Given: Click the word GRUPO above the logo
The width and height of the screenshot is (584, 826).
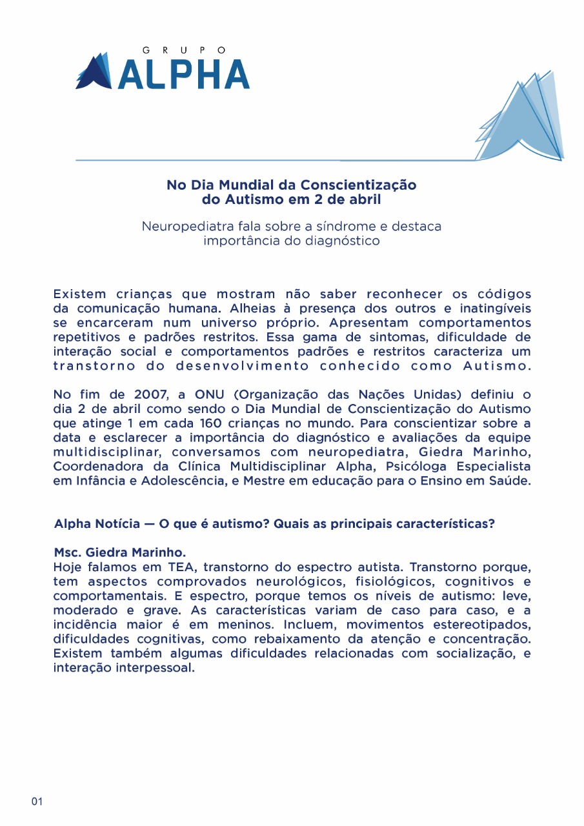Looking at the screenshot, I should (x=184, y=49).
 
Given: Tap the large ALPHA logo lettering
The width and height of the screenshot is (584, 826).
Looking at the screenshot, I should (x=184, y=74).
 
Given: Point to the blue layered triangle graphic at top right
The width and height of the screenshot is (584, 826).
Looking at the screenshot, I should (x=521, y=119).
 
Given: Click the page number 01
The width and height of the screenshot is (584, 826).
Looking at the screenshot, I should (x=37, y=801).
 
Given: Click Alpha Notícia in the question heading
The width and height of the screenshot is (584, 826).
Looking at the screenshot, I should (x=97, y=523).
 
